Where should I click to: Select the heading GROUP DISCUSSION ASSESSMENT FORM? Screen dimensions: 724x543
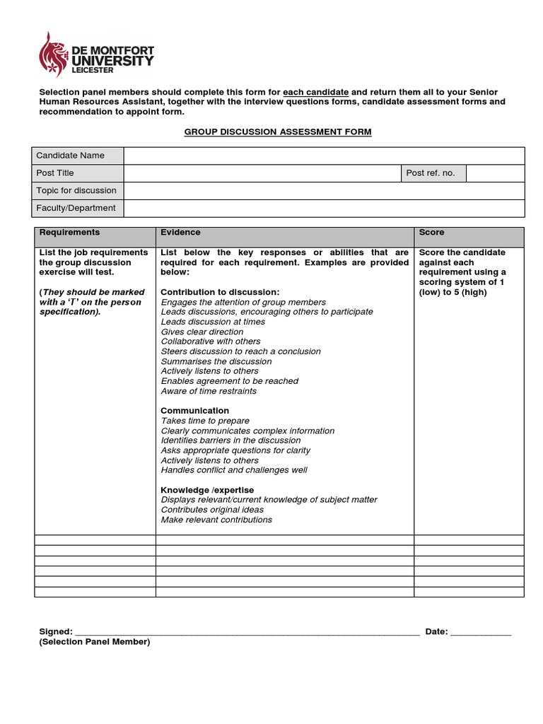pos(278,132)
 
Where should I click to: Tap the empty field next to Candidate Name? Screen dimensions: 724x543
pos(324,156)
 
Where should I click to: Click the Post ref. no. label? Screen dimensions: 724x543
pos(431,173)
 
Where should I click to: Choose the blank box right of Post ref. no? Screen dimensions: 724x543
pos(495,173)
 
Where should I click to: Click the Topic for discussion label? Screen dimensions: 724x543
pos(76,191)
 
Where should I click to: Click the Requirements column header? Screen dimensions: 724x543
pos(69,233)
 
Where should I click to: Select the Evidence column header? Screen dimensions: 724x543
pos(180,233)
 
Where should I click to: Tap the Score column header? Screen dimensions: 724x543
pos(432,233)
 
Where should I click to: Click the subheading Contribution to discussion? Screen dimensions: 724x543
pos(220,292)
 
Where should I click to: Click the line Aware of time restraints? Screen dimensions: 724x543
pos(209,391)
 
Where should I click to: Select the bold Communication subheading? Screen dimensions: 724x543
pos(194,411)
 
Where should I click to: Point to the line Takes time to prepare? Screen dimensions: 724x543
pos(205,421)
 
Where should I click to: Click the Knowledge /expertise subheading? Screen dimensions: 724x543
pos(207,490)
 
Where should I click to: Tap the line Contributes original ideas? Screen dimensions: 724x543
pos(212,510)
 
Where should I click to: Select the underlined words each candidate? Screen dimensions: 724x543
pos(316,93)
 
